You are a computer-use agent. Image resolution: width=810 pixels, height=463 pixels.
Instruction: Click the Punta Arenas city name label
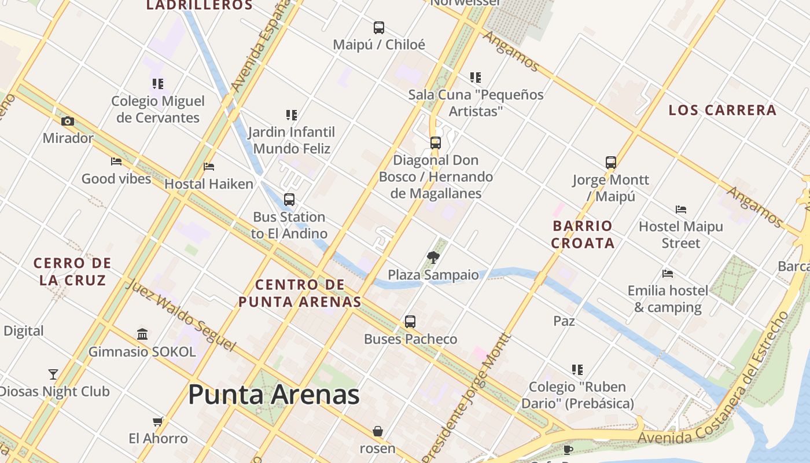click(274, 395)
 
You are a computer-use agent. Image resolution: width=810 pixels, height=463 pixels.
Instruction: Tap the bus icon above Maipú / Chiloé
click(379, 27)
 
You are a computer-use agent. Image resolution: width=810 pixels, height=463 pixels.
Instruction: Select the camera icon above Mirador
click(68, 121)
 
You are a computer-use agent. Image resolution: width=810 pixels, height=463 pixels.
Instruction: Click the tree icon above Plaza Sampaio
click(433, 258)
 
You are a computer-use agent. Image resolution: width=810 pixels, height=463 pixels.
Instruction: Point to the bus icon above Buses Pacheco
click(410, 321)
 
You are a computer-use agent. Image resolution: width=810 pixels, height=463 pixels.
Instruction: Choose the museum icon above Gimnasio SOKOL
click(142, 334)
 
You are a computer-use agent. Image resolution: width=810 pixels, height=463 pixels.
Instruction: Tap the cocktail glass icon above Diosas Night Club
click(53, 374)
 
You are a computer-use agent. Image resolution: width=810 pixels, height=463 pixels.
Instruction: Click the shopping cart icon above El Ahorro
click(158, 421)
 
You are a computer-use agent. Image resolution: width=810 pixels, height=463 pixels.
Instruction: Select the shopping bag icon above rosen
click(378, 431)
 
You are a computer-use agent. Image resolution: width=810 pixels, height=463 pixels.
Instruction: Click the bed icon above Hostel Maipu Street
click(681, 209)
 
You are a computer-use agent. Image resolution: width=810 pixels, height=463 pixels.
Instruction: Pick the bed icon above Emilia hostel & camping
click(668, 273)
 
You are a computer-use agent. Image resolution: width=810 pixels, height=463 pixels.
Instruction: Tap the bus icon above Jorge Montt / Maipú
click(611, 163)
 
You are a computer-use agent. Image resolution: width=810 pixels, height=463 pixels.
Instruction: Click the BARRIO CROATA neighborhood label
click(583, 234)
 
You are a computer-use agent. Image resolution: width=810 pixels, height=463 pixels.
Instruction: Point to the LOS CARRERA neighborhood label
click(722, 110)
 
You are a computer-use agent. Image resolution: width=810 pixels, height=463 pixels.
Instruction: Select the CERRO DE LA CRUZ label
click(72, 271)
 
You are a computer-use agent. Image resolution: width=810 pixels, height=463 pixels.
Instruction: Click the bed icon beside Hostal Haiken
click(209, 167)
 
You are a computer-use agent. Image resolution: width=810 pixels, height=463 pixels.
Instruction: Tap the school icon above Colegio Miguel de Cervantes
click(158, 84)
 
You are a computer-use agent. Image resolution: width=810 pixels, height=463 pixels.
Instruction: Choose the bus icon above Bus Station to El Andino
click(289, 200)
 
